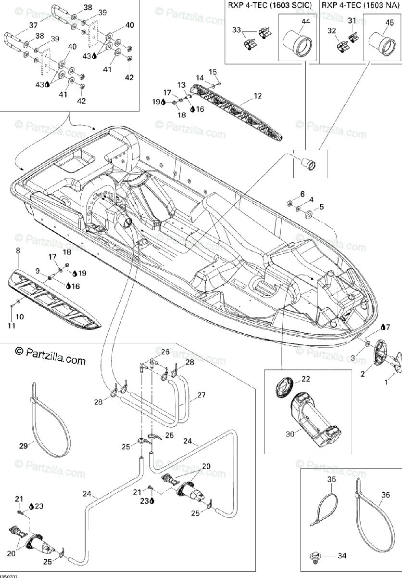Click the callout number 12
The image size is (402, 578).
click(x=258, y=96)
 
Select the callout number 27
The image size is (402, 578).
click(x=201, y=395)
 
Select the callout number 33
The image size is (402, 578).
click(x=236, y=30)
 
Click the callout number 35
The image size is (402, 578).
click(x=331, y=479)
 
